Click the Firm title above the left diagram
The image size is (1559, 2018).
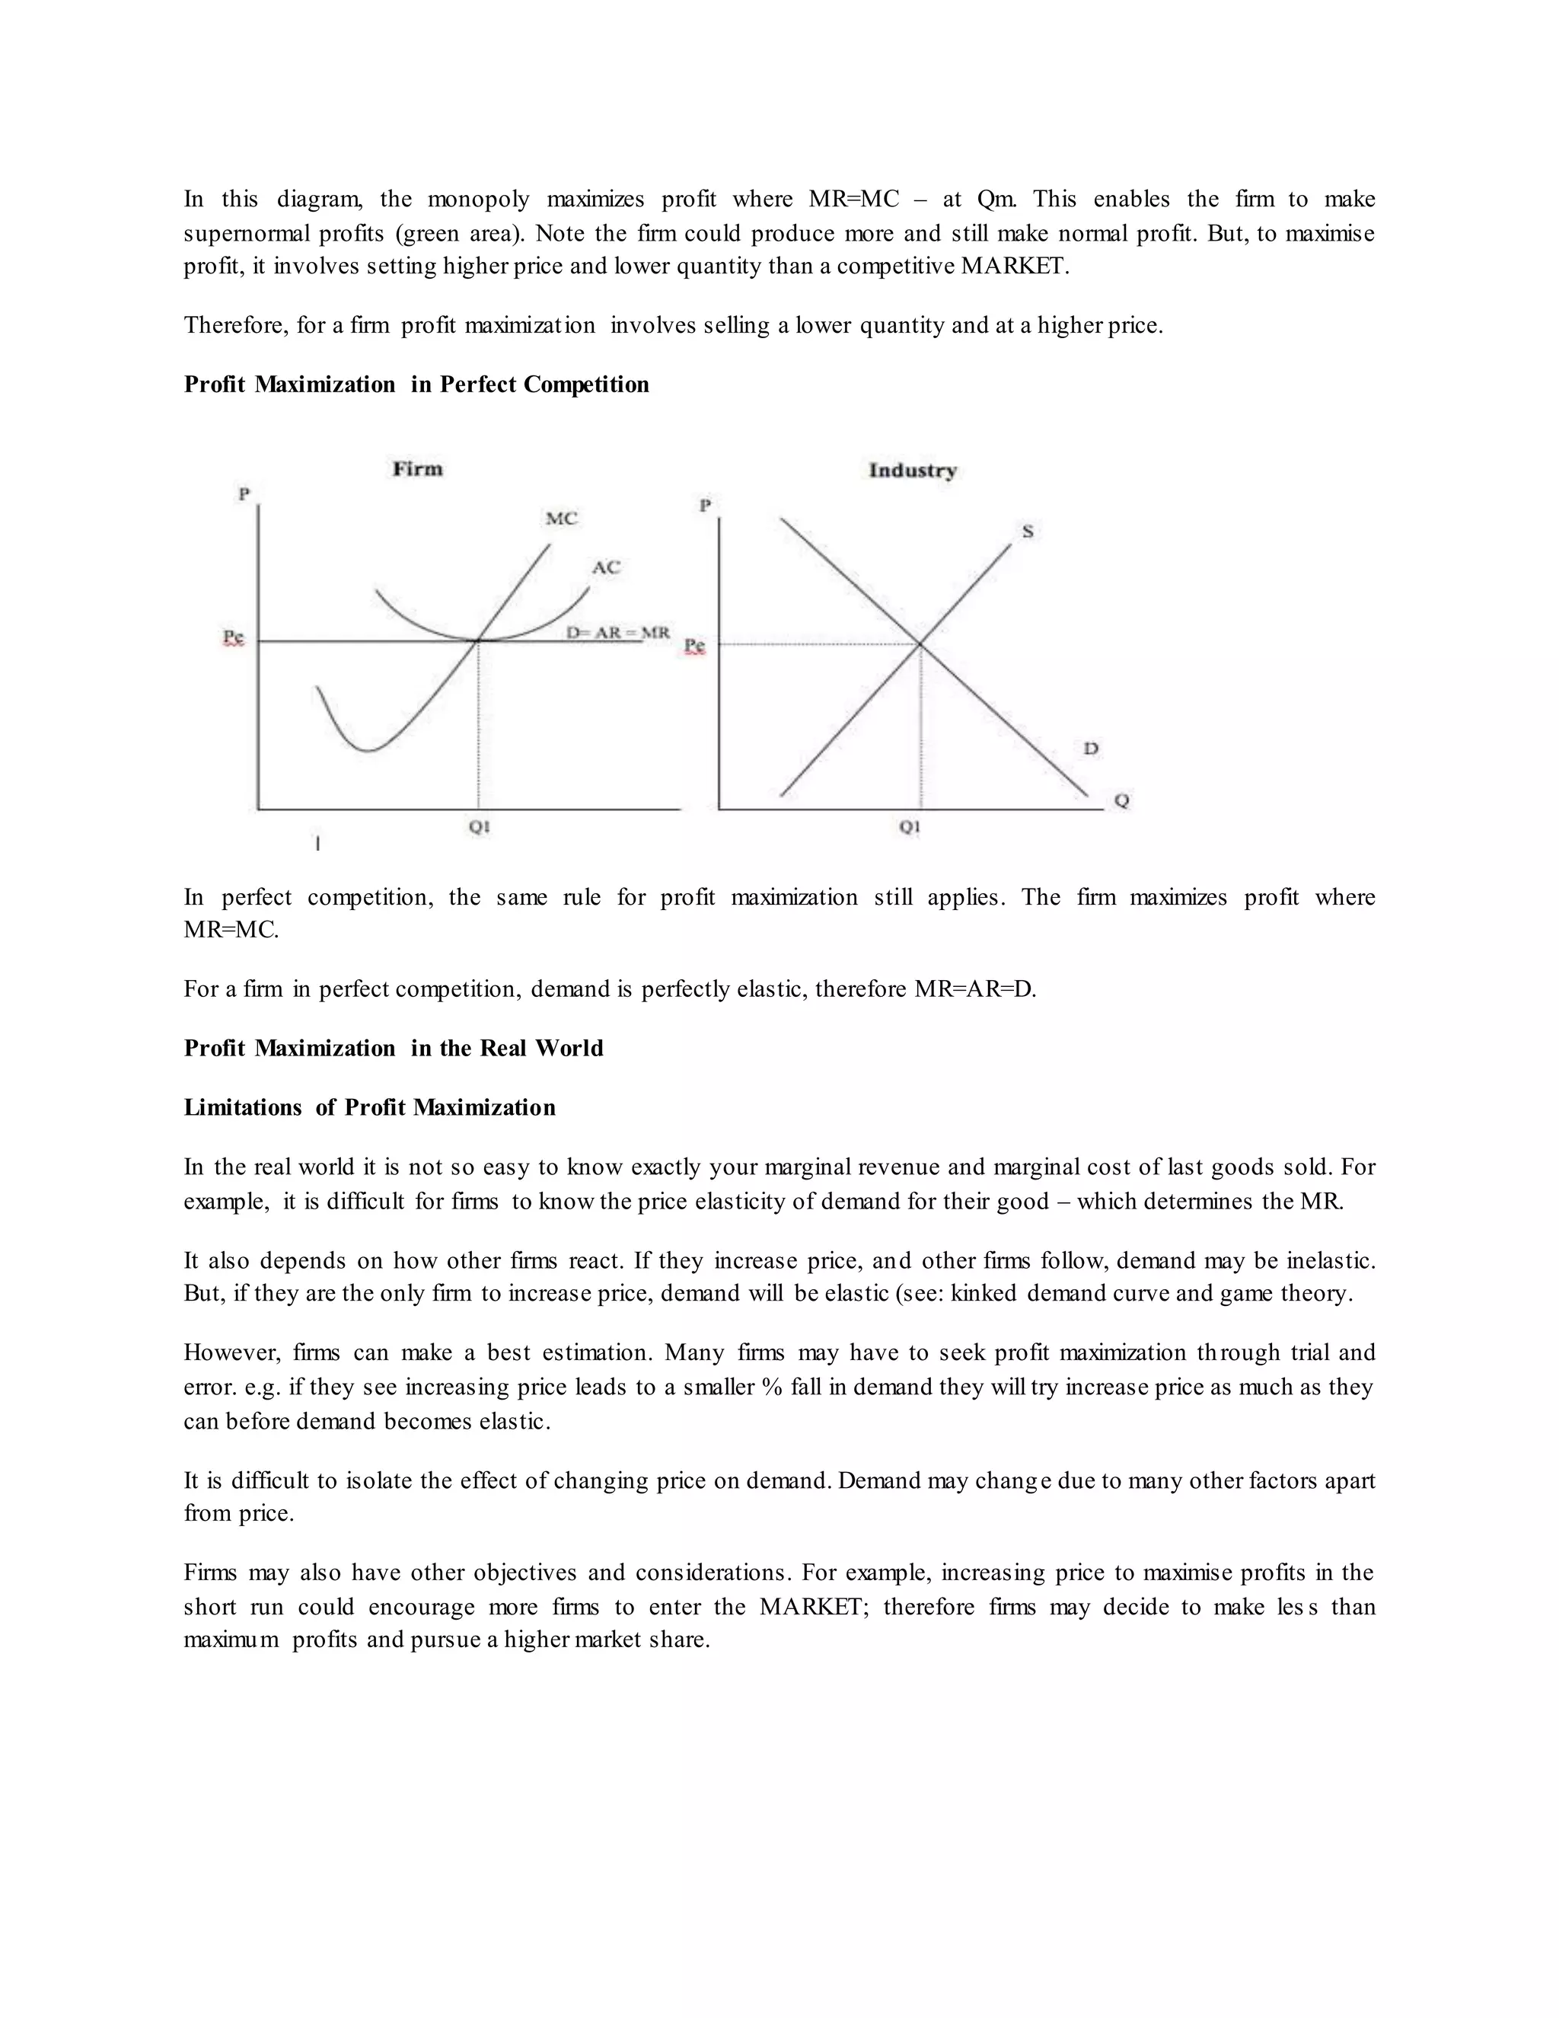(417, 468)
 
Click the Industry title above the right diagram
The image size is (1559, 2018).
(911, 471)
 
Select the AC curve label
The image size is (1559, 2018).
(606, 567)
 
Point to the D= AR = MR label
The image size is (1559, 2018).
(617, 633)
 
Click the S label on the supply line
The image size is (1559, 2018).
(1027, 532)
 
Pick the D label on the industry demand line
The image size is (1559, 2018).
(1091, 748)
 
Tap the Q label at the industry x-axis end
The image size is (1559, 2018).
(1121, 801)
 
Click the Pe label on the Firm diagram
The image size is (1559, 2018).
(234, 637)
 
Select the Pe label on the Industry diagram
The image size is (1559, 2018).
(693, 646)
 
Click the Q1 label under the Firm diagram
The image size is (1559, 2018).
(478, 827)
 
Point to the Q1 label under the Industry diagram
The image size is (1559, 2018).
(910, 827)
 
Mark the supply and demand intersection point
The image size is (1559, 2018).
(920, 644)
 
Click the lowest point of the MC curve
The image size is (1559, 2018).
(368, 750)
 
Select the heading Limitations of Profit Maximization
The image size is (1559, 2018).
(369, 1107)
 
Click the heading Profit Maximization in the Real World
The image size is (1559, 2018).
(394, 1048)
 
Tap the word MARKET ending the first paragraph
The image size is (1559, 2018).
(1012, 267)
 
